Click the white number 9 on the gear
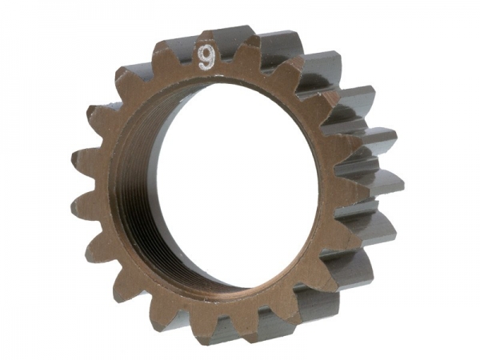[206, 57]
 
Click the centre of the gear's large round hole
[220, 192]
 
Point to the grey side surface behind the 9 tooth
[232, 36]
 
